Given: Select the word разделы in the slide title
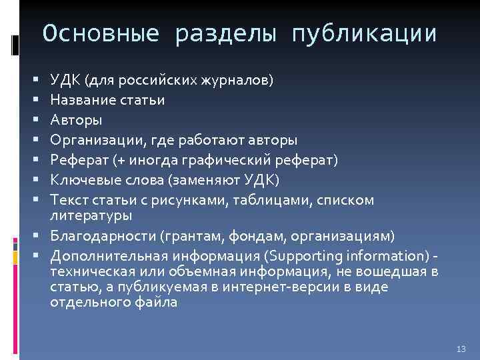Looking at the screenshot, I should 224,33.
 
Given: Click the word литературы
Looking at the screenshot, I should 91,215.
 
